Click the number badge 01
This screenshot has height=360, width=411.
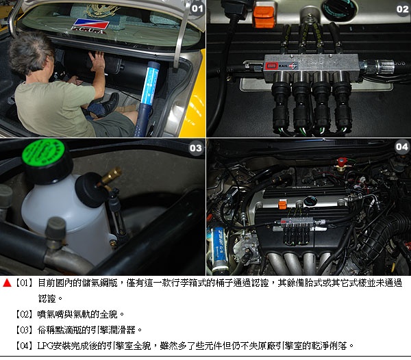click(197, 9)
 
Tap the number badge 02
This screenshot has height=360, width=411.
click(402, 10)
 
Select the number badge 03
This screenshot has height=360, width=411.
click(195, 149)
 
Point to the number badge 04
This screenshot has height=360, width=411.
click(402, 147)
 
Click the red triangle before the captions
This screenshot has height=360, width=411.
click(7, 283)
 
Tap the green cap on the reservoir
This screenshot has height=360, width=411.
click(44, 152)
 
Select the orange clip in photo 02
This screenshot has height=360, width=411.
click(264, 16)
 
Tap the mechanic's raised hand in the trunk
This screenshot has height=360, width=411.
click(97, 61)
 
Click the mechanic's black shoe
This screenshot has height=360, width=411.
click(107, 105)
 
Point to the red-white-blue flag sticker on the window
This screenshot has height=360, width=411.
click(90, 24)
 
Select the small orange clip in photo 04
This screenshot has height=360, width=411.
click(282, 205)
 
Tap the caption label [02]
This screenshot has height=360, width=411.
click(24, 314)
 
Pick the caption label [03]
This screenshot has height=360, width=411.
click(24, 330)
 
